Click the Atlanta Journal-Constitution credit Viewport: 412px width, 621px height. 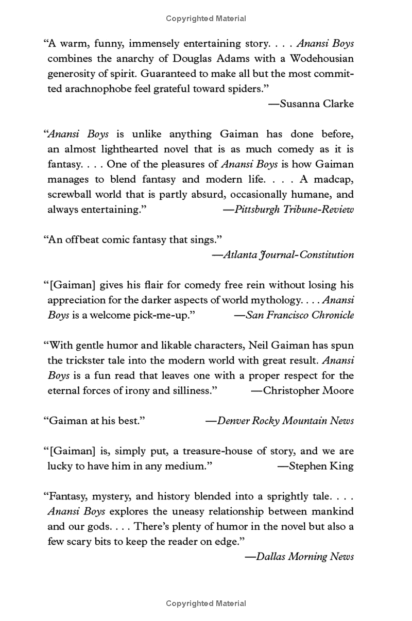pyautogui.click(x=288, y=255)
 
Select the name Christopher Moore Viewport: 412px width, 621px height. pyautogui.click(x=308, y=391)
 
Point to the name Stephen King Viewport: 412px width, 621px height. pyautogui.click(x=321, y=467)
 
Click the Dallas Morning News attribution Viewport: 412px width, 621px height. pyautogui.click(x=304, y=557)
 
